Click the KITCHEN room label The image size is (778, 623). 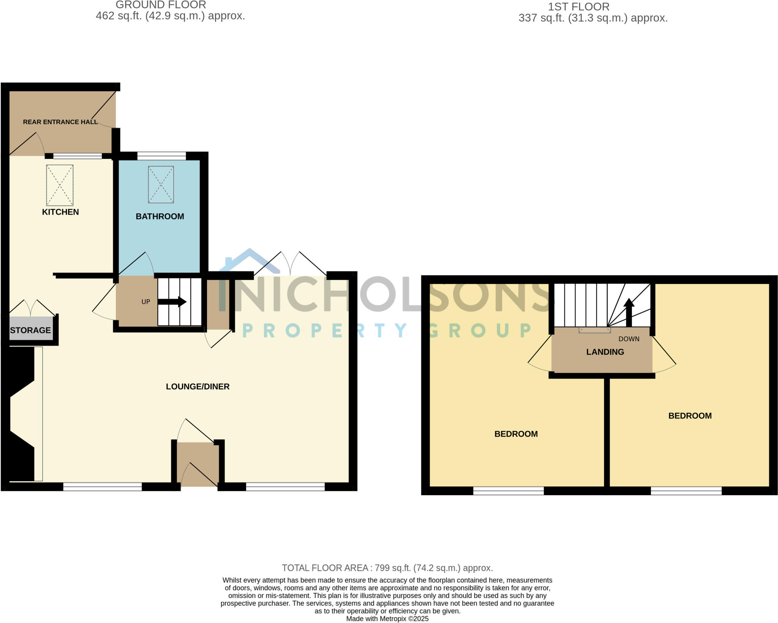click(60, 212)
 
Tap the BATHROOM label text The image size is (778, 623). click(160, 217)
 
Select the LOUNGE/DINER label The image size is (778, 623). click(198, 387)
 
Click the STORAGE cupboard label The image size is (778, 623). click(30, 330)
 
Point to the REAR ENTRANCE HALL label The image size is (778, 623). click(60, 122)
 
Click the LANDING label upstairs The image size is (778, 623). click(605, 352)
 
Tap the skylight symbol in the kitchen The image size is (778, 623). click(60, 185)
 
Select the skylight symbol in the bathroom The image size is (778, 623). click(161, 184)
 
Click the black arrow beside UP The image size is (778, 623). click(172, 302)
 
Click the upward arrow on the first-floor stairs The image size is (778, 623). click(629, 312)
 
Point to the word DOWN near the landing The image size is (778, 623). click(629, 339)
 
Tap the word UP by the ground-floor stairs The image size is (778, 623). click(146, 302)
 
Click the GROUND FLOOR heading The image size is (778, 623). click(161, 5)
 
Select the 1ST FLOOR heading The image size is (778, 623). click(579, 7)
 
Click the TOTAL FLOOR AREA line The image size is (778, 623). click(387, 568)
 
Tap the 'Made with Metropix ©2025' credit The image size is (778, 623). click(387, 619)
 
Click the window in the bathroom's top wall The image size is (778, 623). click(161, 155)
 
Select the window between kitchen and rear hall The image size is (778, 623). click(77, 155)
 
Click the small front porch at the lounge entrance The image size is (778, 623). click(198, 464)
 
